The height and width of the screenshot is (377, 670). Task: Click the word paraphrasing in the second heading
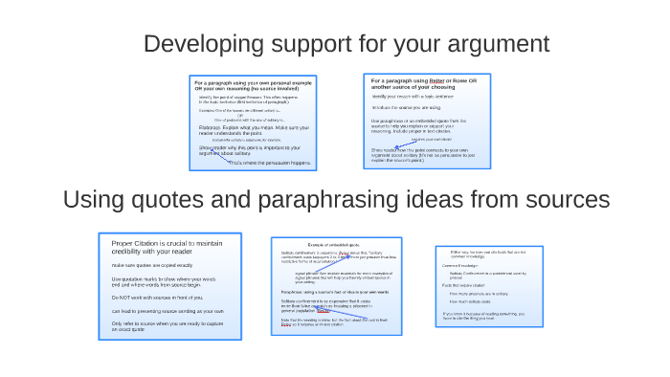click(x=311, y=199)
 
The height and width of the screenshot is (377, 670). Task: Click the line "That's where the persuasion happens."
click(x=269, y=163)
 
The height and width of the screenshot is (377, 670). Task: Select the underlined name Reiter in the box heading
click(x=436, y=81)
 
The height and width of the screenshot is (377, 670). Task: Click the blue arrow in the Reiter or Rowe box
click(x=385, y=144)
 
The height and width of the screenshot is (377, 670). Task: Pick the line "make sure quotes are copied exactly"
click(x=151, y=265)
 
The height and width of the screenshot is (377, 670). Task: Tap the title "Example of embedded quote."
click(x=335, y=245)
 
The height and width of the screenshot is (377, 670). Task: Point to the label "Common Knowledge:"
click(x=462, y=265)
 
